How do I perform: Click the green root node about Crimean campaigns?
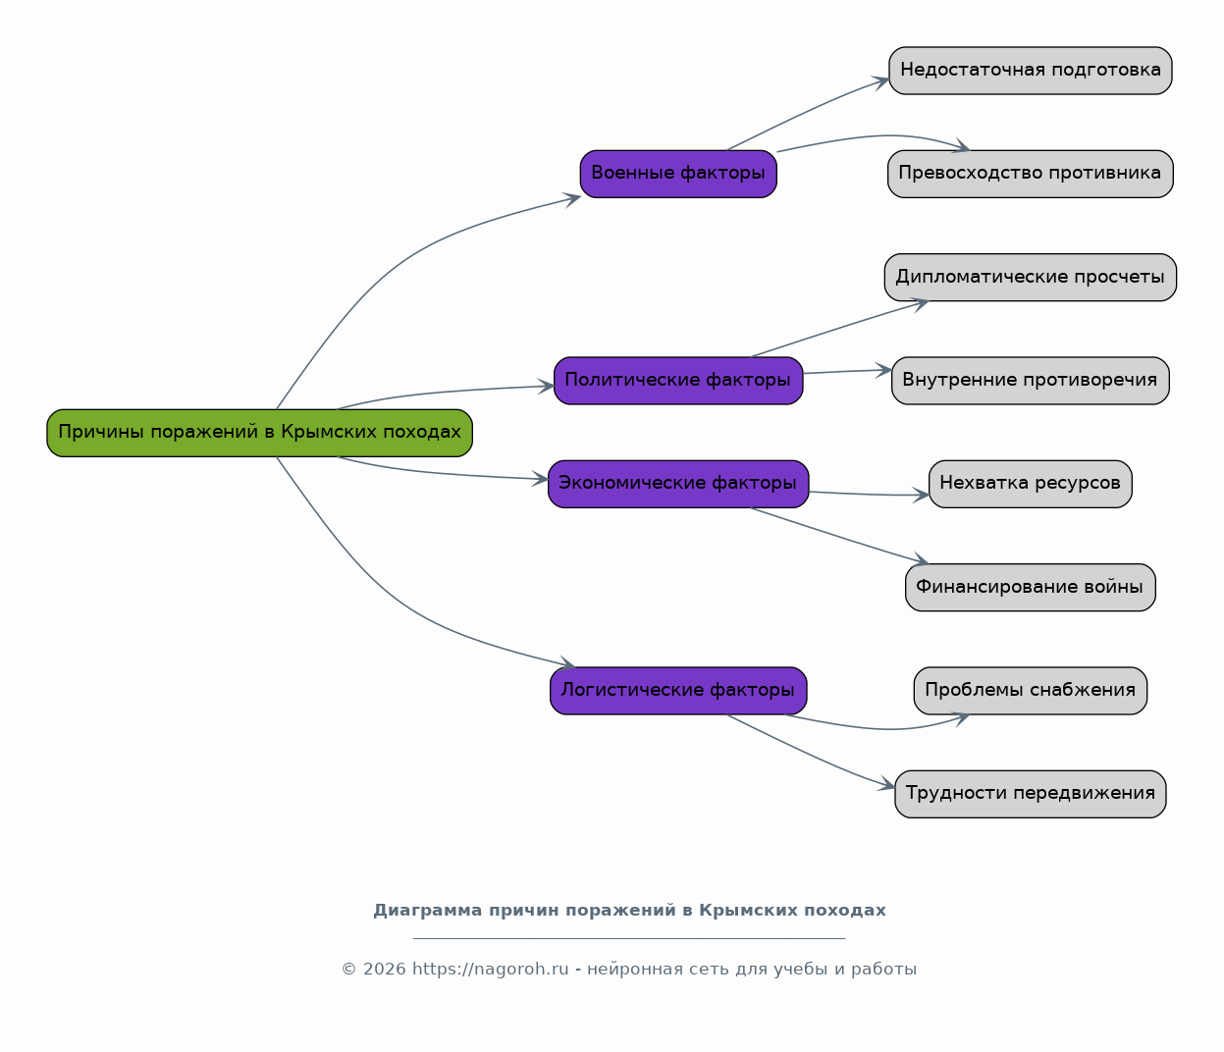259,433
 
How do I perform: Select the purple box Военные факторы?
678,174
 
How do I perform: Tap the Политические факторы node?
678,381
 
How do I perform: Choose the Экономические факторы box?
678,484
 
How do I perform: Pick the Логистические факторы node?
678,691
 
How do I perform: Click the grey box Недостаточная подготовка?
1031,71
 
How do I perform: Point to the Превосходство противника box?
1031,174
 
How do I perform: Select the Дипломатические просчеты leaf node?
1031,277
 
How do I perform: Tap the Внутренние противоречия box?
1031,381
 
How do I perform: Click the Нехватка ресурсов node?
1031,484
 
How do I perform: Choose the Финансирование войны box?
1031,587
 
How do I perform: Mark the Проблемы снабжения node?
1031,691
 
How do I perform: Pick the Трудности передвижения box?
1031,794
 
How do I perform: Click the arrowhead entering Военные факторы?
572,199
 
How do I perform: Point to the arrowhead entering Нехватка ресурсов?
921,495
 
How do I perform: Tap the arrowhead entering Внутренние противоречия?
884,371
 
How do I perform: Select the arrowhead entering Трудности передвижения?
886,784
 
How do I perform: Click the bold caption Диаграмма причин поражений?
629,910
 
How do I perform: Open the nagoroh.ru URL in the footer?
491,969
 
